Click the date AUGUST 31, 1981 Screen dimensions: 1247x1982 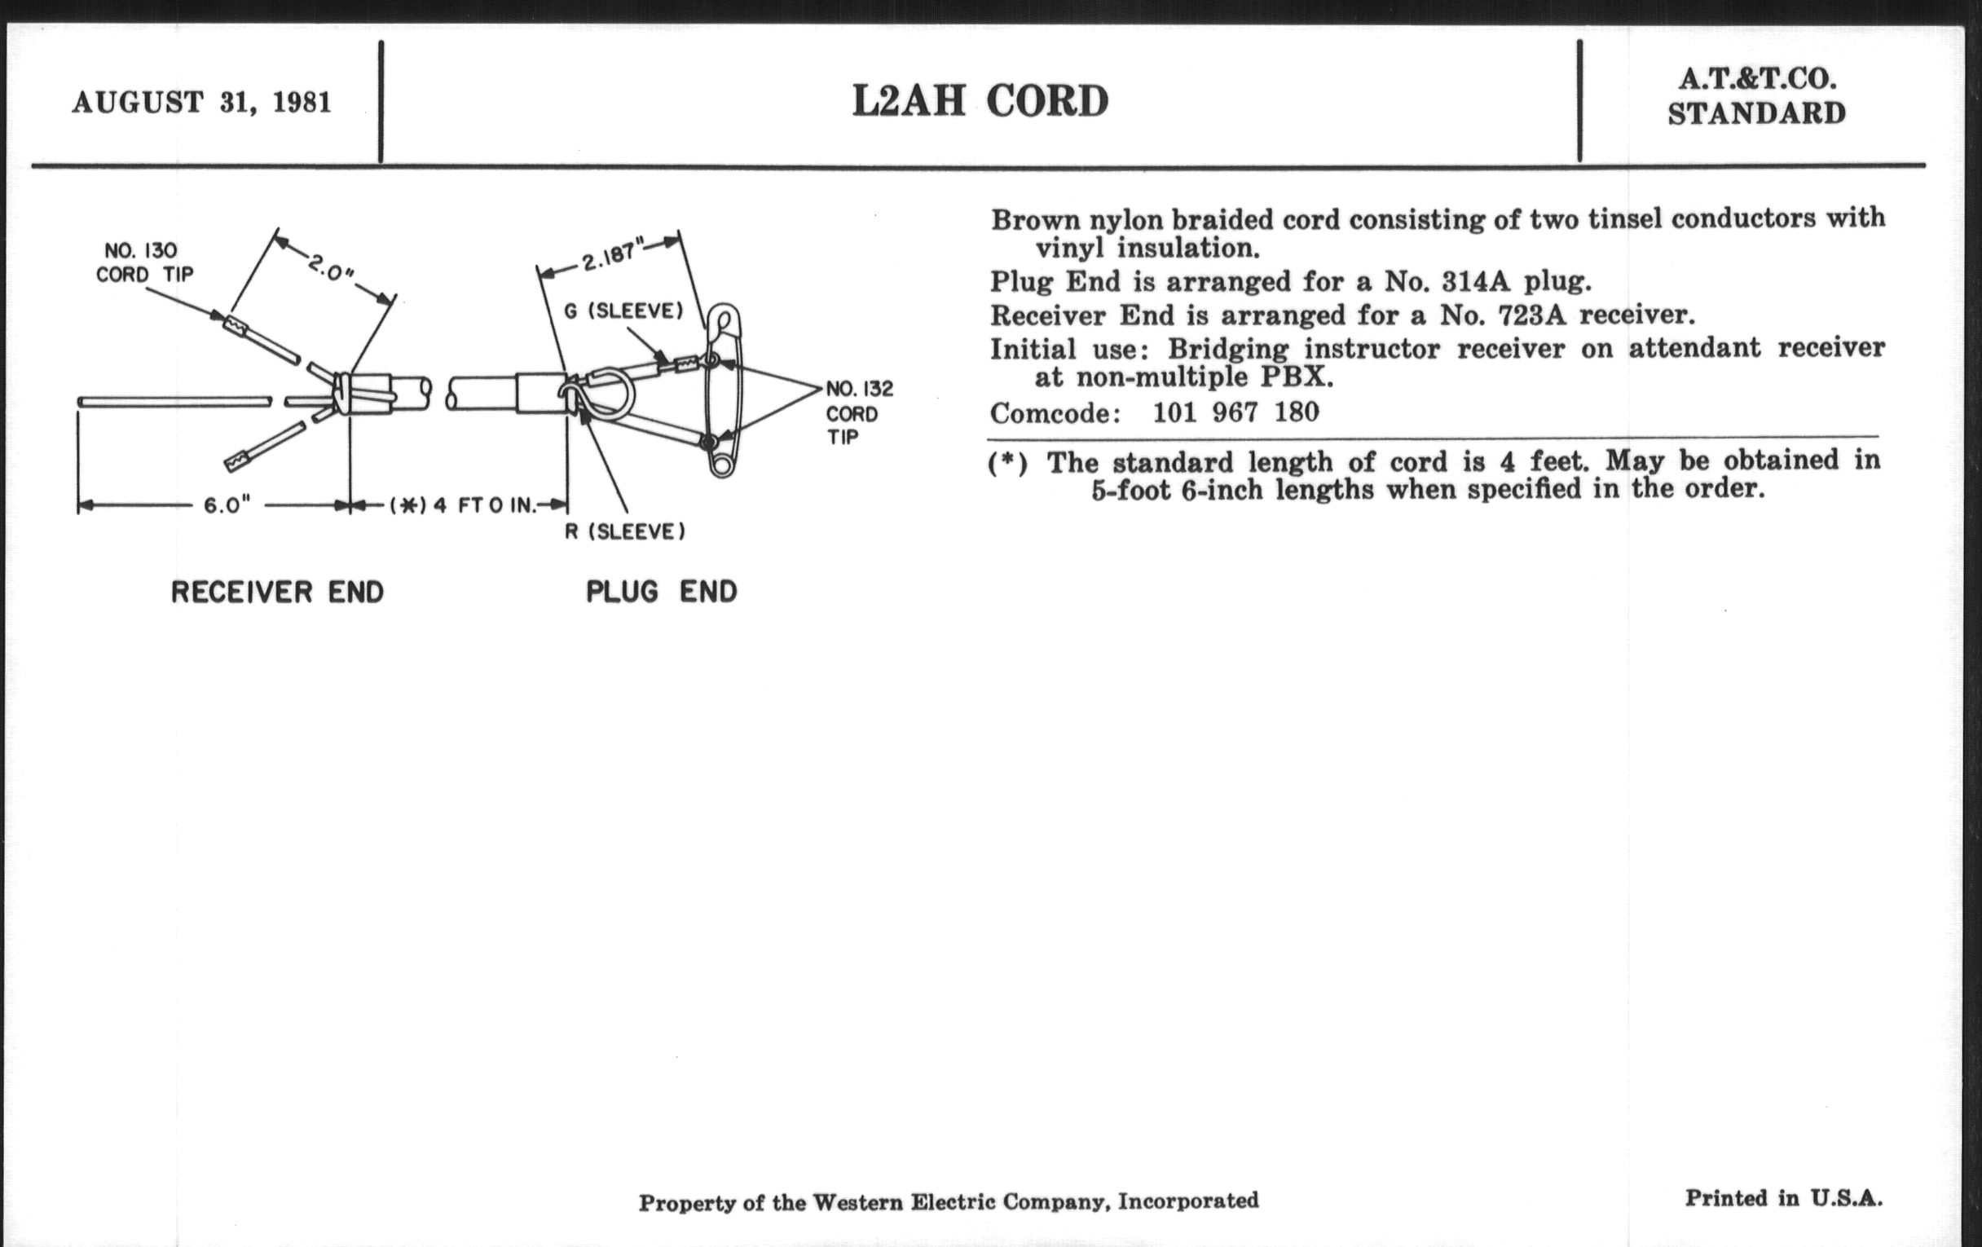tap(201, 103)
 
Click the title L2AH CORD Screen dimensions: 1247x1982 tap(980, 102)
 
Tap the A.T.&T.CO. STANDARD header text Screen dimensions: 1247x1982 tap(1755, 96)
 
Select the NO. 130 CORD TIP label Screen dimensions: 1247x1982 tap(144, 262)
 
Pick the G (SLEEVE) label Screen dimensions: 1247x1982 tap(623, 311)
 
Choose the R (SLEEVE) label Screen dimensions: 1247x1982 tap(625, 531)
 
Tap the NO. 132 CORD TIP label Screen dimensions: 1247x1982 tap(858, 412)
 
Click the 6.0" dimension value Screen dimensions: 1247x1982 tap(227, 505)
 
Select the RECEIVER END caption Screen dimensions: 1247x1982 tap(276, 592)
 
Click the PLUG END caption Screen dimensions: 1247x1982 tap(661, 591)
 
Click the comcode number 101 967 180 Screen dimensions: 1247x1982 tap(1235, 412)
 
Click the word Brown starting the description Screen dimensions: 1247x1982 tap(1035, 221)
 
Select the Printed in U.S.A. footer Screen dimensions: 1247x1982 tap(1783, 1197)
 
